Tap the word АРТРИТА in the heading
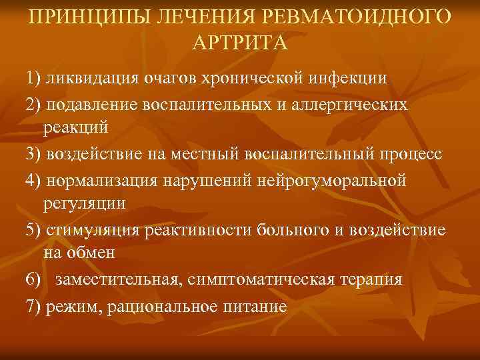point(240,43)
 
